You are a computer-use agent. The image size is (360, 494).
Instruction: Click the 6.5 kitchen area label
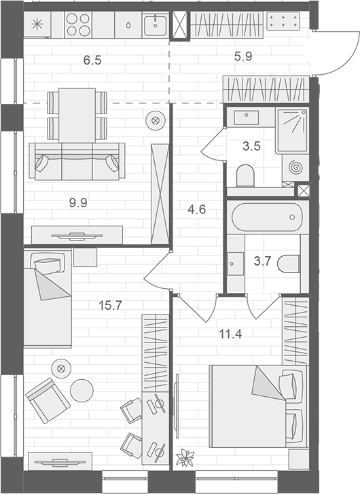92,60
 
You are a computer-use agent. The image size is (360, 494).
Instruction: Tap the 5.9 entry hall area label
243,56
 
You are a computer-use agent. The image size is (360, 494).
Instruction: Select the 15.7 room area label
110,305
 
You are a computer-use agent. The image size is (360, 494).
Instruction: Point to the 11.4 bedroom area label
230,334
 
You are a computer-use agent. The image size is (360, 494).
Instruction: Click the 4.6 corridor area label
196,209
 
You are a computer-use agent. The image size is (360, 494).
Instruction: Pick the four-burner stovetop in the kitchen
78,25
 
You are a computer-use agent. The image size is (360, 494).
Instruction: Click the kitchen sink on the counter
156,25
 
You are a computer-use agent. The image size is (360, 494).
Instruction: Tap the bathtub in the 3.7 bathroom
267,217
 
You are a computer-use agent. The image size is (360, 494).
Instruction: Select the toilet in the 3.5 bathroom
245,176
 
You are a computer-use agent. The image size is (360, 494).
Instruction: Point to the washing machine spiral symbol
295,167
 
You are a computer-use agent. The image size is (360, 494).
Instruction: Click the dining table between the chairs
77,116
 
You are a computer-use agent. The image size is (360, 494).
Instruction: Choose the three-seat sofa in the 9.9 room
77,161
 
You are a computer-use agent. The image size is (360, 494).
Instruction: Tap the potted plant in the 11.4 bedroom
185,457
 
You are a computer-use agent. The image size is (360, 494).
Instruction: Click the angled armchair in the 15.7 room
48,400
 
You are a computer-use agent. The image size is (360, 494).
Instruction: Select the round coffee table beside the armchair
82,390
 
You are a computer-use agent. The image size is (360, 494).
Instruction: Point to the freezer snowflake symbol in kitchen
37,24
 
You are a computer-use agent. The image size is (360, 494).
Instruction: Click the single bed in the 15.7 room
48,298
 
